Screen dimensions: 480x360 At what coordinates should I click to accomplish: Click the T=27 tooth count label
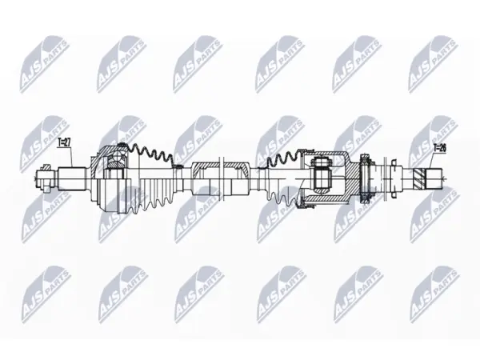[x=65, y=142]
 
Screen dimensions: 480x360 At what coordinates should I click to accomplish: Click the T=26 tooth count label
[x=439, y=149]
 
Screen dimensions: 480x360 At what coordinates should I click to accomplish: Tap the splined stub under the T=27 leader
[x=72, y=178]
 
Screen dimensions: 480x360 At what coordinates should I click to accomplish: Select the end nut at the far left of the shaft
[x=46, y=178]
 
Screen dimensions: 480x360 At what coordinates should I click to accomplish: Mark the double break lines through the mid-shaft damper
[x=222, y=178]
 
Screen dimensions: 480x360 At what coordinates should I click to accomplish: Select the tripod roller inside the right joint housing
[x=321, y=178]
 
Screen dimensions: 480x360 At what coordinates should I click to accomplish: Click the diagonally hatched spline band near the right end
[x=419, y=178]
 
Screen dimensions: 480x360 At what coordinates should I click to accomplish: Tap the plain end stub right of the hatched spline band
[x=434, y=178]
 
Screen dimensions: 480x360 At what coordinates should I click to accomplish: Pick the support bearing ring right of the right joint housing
[x=366, y=178]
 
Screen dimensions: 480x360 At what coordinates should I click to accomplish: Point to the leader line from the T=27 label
[x=72, y=157]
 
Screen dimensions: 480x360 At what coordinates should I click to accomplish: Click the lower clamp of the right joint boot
[x=306, y=203]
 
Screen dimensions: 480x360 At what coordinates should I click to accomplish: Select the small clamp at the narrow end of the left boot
[x=178, y=166]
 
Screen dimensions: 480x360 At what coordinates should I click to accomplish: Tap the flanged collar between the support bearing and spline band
[x=394, y=178]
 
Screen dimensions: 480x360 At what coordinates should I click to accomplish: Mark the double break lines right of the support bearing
[x=385, y=178]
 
